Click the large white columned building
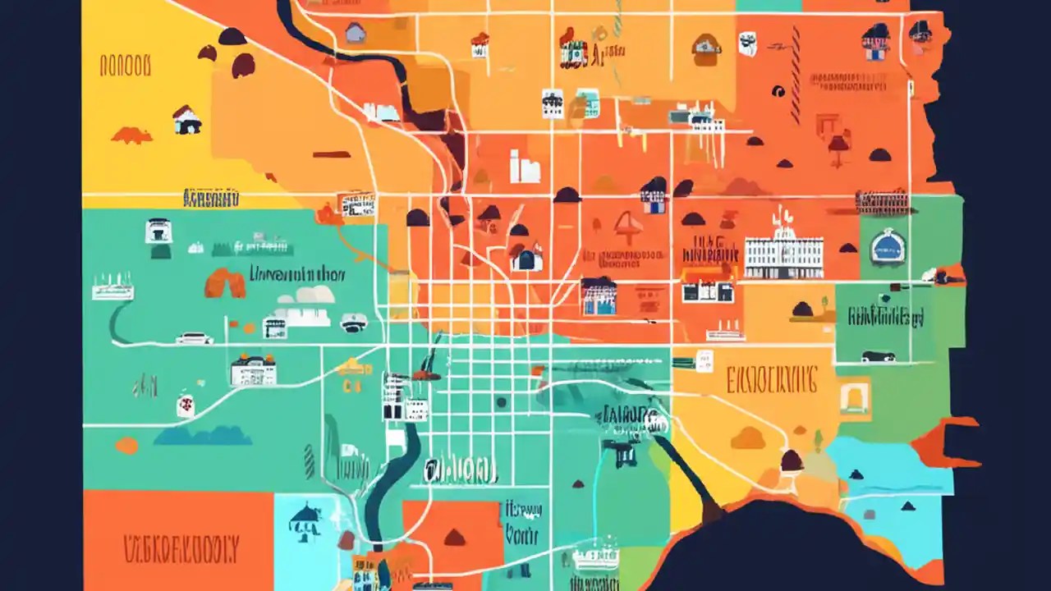(783, 255)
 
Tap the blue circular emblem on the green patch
(888, 245)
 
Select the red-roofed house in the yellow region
(187, 121)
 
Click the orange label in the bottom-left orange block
(181, 547)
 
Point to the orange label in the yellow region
(125, 66)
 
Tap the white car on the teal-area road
(195, 337)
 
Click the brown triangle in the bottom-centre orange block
(454, 538)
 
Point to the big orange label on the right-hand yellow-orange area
(771, 380)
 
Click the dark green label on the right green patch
(886, 316)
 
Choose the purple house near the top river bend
(355, 33)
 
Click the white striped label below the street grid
(461, 470)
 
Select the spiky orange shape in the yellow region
(131, 135)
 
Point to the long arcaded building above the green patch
(882, 200)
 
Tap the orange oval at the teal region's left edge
(126, 446)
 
